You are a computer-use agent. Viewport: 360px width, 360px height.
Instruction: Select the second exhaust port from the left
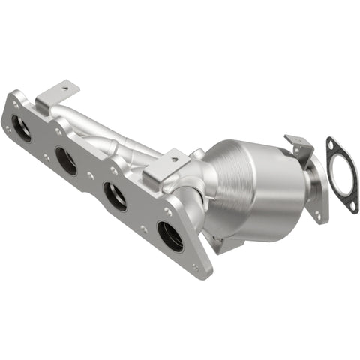coord(66,160)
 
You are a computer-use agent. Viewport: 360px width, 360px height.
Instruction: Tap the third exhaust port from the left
coord(115,196)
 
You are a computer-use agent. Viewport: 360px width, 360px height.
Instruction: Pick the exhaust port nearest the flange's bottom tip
coord(170,236)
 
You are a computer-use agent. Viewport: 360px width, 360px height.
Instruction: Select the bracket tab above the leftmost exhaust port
coord(58,95)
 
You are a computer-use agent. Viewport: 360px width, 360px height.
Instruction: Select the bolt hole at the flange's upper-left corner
coord(13,97)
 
